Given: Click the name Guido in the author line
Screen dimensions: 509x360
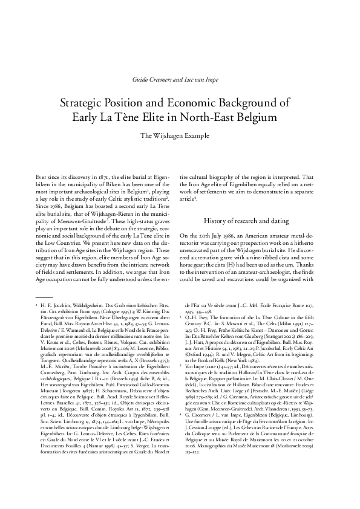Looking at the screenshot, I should click(140, 80).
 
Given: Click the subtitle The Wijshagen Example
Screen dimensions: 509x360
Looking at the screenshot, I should click(180, 135).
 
